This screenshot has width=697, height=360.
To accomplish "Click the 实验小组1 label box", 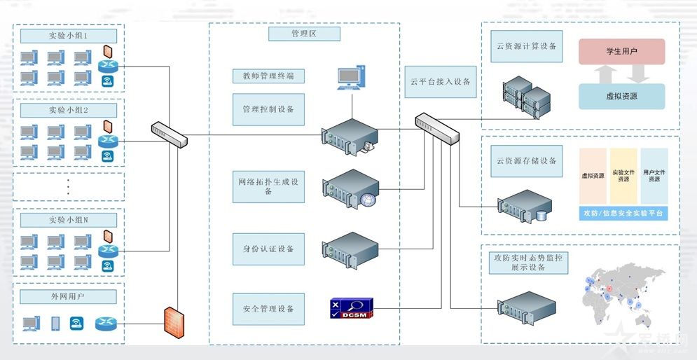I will coord(68,35).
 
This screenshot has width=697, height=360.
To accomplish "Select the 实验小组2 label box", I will coord(68,110).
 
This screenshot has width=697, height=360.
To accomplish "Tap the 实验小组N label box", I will coord(68,220).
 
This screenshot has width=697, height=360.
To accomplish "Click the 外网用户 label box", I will coord(68,297).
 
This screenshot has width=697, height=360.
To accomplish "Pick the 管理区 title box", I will coord(304,34).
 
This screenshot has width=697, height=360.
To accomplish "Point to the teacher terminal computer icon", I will coord(351,78).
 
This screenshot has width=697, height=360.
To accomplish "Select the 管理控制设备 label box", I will coord(268,109).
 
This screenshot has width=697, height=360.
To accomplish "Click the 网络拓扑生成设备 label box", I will coord(268,186).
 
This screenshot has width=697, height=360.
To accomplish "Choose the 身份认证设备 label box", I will coord(268,249).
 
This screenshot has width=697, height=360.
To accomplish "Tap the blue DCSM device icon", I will coord(352,308).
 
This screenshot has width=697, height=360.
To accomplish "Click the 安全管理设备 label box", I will coord(268,309).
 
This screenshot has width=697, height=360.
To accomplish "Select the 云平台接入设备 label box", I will coord(441,82).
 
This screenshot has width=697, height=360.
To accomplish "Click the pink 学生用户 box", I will coord(621,52).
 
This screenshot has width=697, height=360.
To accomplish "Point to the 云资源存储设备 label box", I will coord(526,161).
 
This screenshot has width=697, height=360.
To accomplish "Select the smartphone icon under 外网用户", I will coord(55,324).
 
